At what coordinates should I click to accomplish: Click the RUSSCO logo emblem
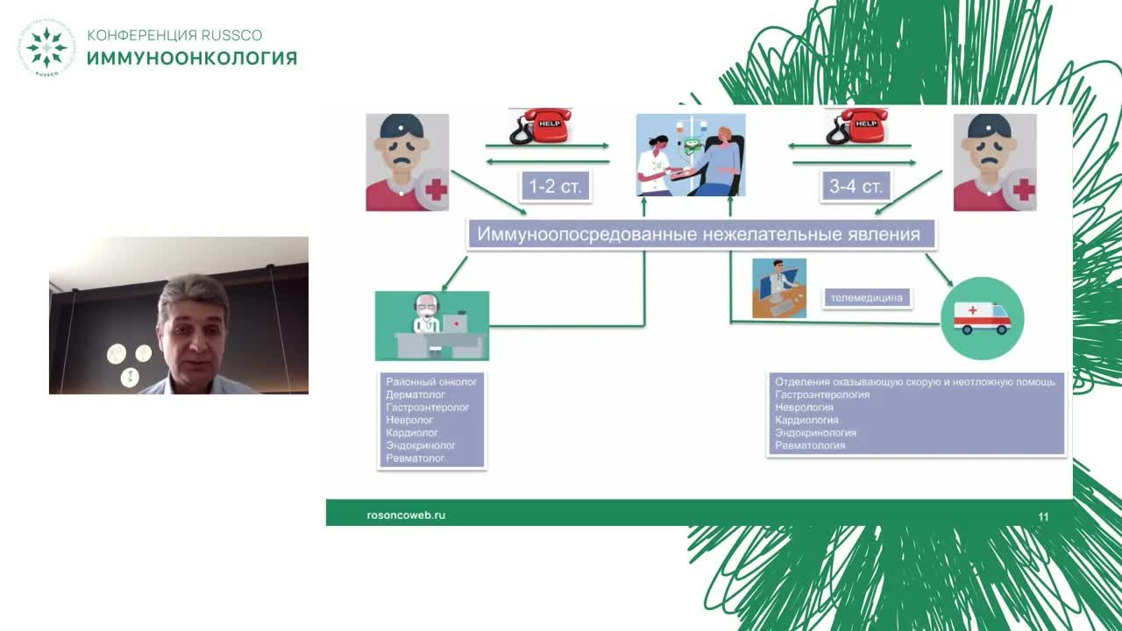pos(46,47)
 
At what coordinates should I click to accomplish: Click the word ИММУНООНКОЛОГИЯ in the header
pos(192,59)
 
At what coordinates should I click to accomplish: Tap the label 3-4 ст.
pos(856,186)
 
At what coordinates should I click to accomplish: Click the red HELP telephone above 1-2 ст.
pos(540,126)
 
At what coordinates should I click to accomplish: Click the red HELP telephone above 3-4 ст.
pos(856,126)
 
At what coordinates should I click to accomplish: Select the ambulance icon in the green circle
pos(982,318)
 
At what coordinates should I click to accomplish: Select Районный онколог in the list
pos(431,382)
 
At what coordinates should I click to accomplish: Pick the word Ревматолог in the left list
pos(415,458)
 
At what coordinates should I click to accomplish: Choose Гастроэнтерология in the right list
pos(822,394)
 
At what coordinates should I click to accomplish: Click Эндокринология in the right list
pos(815,433)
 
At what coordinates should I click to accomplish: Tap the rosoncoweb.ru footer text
pos(406,515)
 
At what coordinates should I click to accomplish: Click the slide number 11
pos(1043,517)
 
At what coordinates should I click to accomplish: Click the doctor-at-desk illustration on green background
pos(432,325)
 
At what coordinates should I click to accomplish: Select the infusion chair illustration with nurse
pos(691,154)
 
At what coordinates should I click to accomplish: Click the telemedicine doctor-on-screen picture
pos(779,287)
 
